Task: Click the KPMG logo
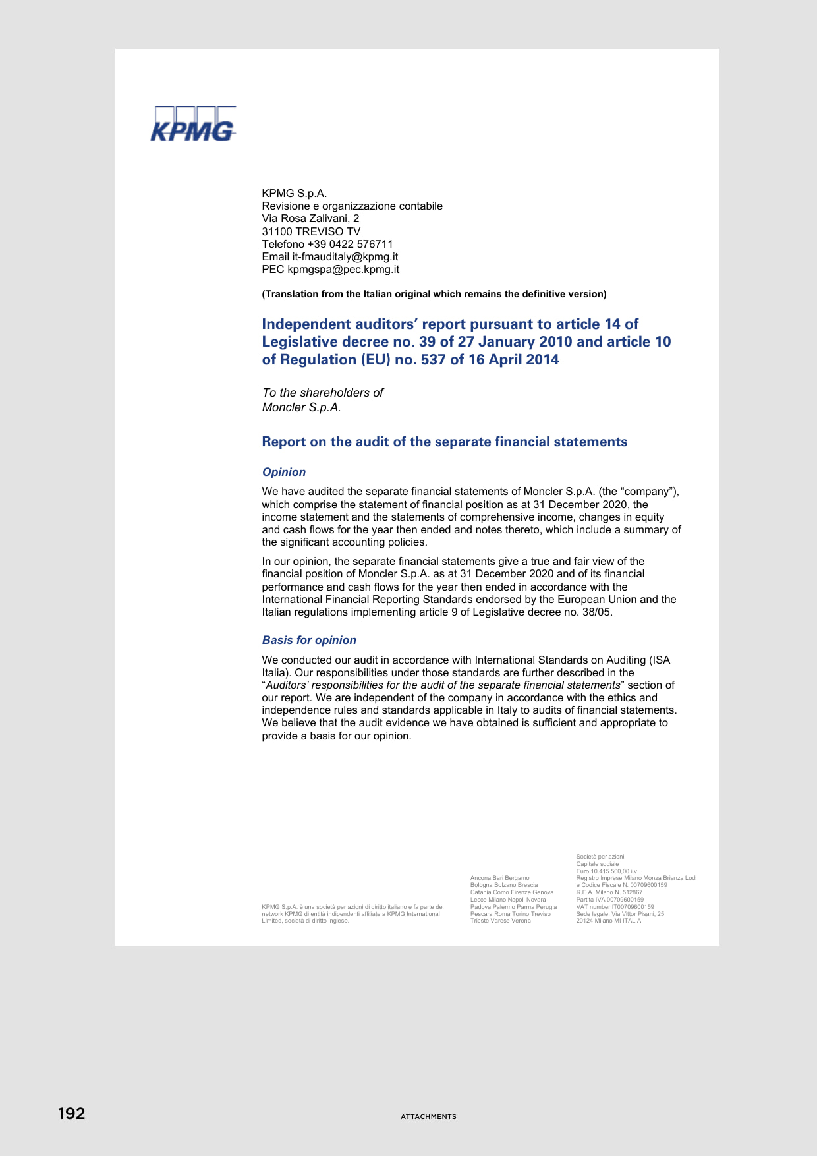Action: coord(193,125)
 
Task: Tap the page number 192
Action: coord(72,1113)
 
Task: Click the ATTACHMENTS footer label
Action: coord(428,1116)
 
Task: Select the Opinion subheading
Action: coord(284,472)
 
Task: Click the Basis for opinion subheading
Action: coord(309,640)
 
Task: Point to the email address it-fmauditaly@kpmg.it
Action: coord(345,256)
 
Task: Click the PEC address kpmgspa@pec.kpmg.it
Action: coord(343,269)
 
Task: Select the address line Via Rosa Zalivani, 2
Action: coord(310,218)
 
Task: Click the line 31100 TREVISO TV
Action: coord(311,231)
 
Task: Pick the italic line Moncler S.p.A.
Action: coord(301,407)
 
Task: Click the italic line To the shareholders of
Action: coord(323,393)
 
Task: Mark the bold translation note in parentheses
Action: coord(434,294)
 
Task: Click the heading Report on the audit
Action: coord(445,442)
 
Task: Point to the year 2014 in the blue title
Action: coord(541,360)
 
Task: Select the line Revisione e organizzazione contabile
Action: coord(352,206)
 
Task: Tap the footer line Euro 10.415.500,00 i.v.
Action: coord(607,871)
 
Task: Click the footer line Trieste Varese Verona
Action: coord(500,921)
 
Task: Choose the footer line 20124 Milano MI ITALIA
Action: coord(608,921)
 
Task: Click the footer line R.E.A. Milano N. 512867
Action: coord(609,892)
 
